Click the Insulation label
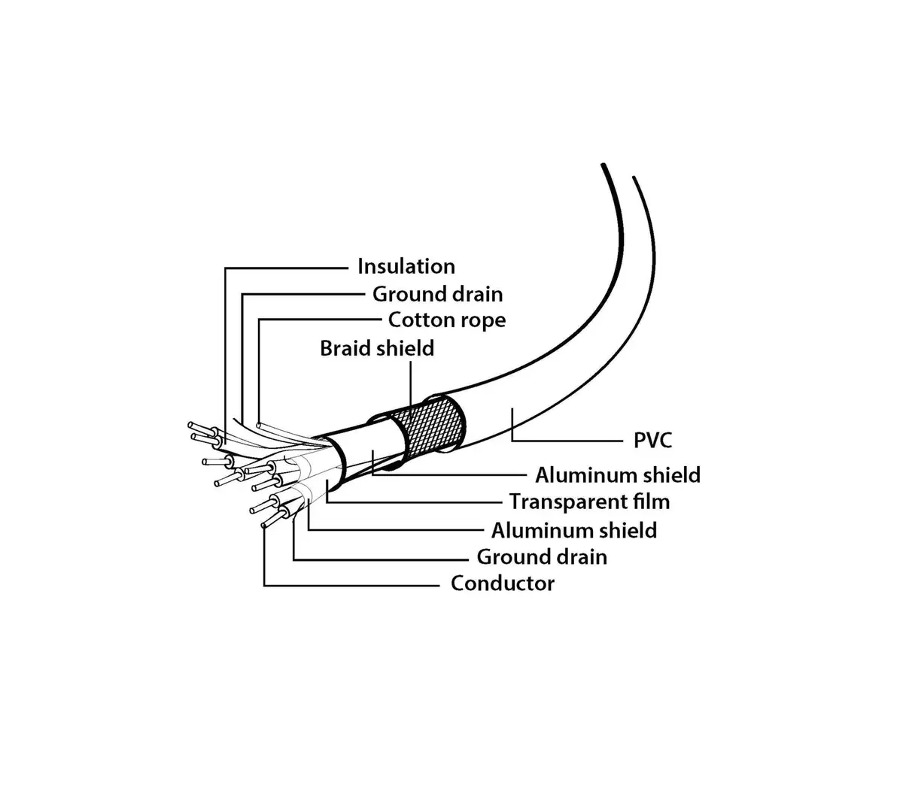(x=406, y=266)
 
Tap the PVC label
(x=652, y=440)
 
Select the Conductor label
(x=503, y=583)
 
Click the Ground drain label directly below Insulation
(x=438, y=294)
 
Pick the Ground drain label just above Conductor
(x=542, y=557)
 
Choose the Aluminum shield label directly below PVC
(x=618, y=475)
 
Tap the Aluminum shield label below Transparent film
(x=574, y=531)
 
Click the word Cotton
(x=416, y=320)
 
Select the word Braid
(x=345, y=348)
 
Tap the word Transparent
(x=566, y=502)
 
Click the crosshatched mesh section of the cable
(x=431, y=426)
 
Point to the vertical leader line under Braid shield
(x=411, y=383)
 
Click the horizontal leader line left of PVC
(x=567, y=441)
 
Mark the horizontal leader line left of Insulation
(x=286, y=268)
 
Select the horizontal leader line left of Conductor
(x=351, y=585)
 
